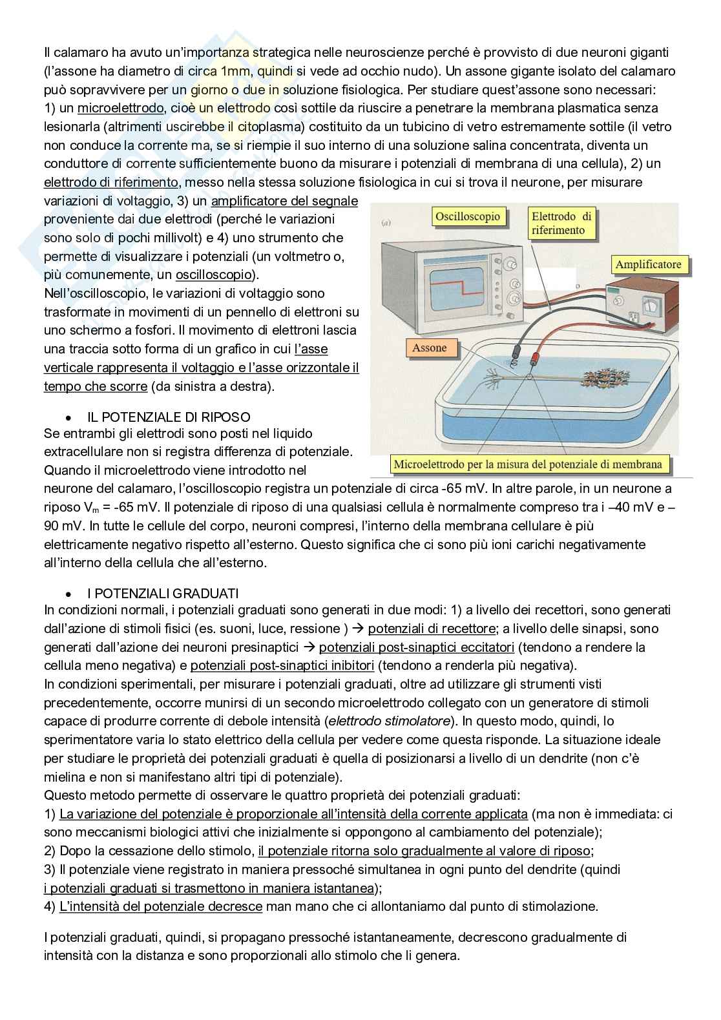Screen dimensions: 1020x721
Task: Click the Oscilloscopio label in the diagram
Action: click(x=467, y=217)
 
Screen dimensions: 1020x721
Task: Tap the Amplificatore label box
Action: click(x=648, y=265)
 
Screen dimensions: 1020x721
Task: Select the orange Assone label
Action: click(x=430, y=348)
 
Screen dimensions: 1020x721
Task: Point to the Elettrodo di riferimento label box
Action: click(x=561, y=224)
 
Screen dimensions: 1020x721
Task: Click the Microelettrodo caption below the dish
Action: click(x=528, y=464)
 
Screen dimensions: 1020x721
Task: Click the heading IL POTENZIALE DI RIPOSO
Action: click(x=169, y=417)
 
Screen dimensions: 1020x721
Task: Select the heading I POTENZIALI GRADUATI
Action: click(x=163, y=592)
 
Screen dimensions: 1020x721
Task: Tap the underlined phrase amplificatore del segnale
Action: click(x=284, y=202)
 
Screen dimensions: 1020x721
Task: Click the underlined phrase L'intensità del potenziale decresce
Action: click(x=160, y=906)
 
